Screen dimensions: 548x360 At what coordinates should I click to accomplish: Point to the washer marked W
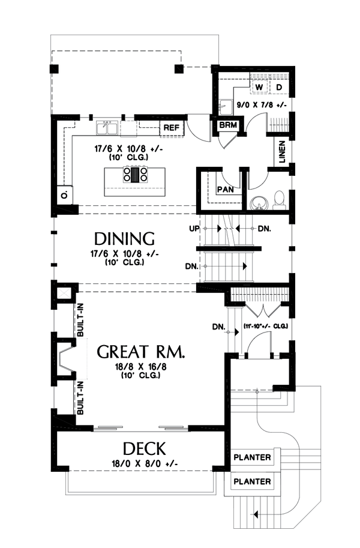[259, 88]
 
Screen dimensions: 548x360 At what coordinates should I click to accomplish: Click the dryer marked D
[279, 88]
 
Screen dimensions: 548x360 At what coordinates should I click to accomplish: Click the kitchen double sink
[108, 128]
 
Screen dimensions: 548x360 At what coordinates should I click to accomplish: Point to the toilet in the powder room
[279, 199]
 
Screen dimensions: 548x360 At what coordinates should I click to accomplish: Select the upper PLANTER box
[252, 458]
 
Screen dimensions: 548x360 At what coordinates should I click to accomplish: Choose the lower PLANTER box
[252, 481]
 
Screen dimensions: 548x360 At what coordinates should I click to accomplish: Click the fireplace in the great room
[66, 363]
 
